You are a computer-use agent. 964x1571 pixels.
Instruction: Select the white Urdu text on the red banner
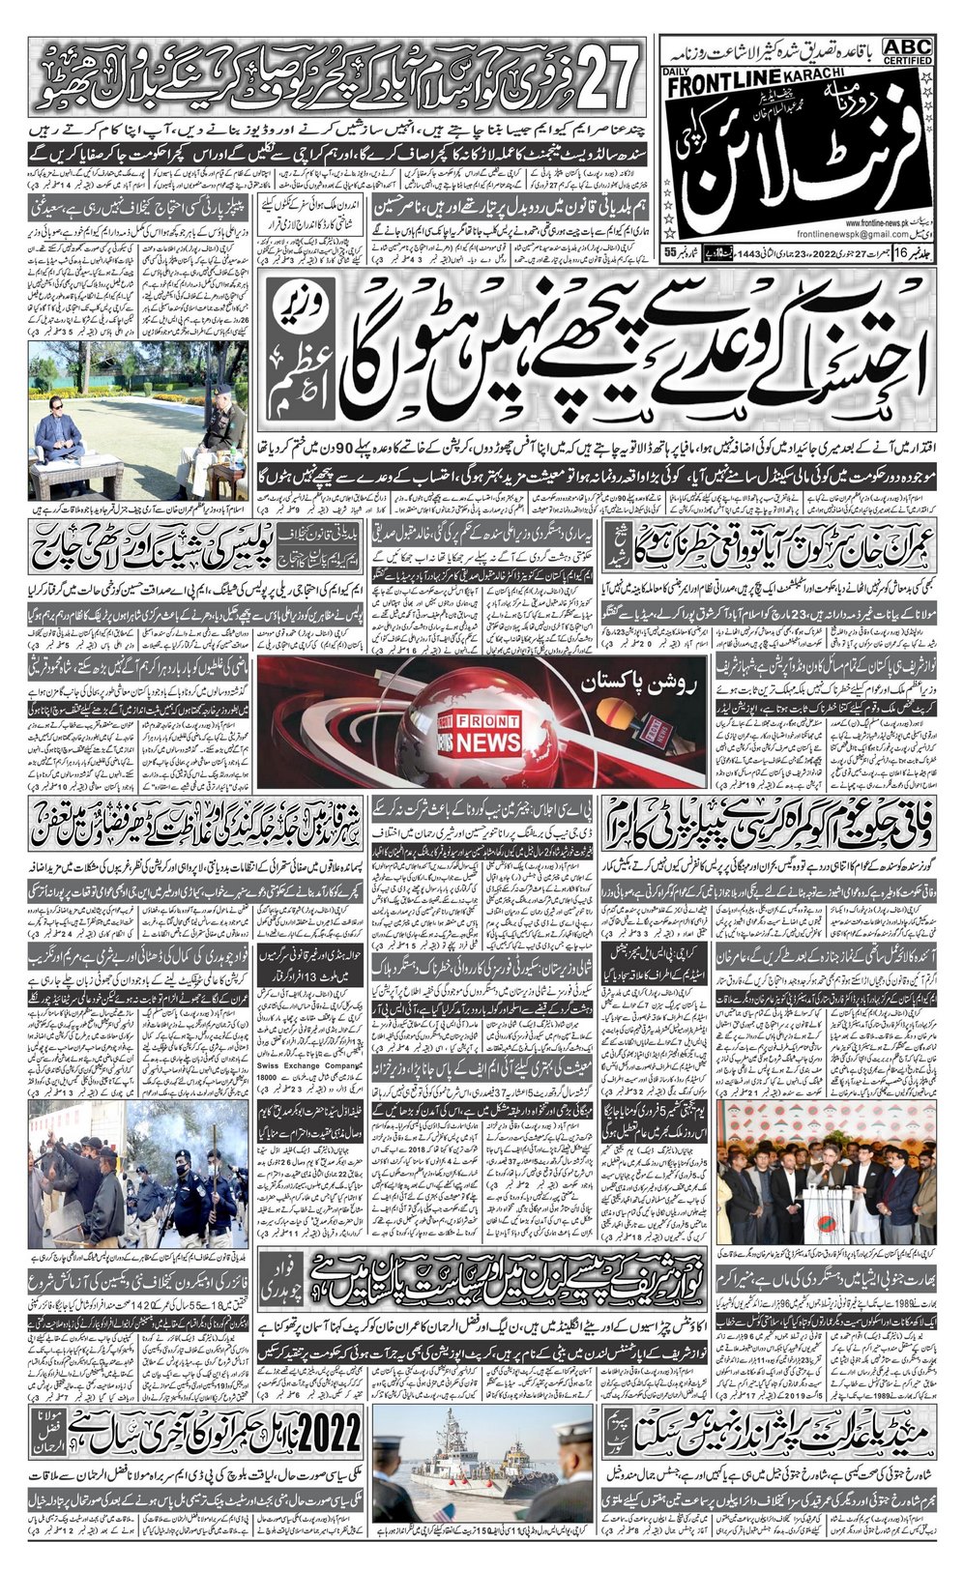[617, 693]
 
